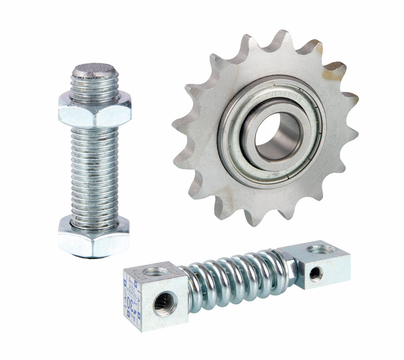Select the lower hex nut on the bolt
[x=94, y=237]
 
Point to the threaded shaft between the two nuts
[x=94, y=172]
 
